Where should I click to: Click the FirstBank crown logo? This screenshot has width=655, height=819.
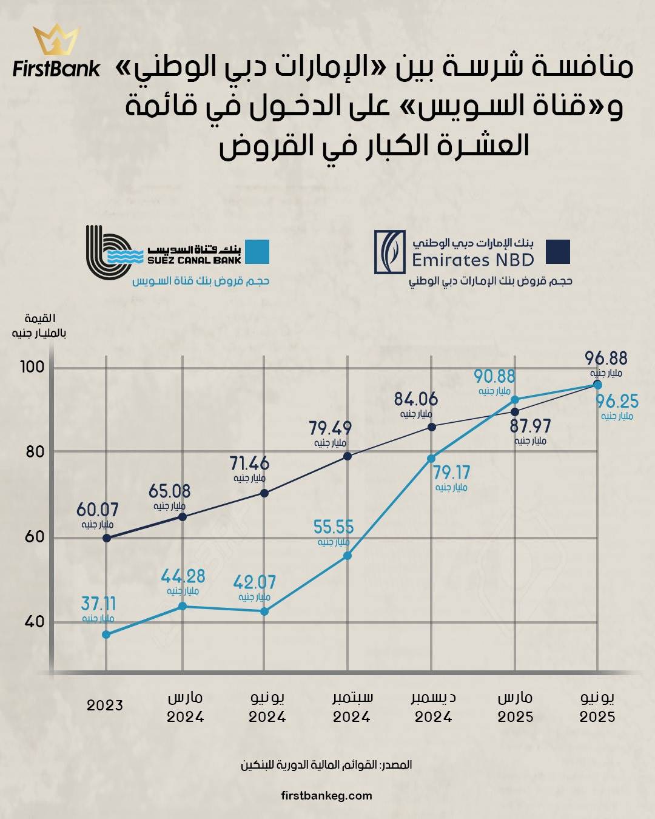click(x=56, y=39)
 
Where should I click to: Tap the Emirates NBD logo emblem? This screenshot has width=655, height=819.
click(x=389, y=251)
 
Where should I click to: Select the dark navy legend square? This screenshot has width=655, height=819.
click(x=557, y=252)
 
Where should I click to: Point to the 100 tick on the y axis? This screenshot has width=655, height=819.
click(x=32, y=367)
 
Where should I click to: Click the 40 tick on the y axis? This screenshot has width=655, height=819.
click(x=35, y=622)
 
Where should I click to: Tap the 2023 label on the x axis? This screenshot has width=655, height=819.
click(x=105, y=705)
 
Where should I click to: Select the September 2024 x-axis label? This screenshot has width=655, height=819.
click(x=352, y=707)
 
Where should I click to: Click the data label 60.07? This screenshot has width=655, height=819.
click(x=98, y=510)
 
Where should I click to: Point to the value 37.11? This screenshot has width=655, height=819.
click(x=98, y=604)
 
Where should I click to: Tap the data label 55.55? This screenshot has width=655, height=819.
click(x=334, y=527)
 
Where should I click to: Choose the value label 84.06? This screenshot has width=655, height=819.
click(x=416, y=399)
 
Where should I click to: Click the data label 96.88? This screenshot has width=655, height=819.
click(x=606, y=358)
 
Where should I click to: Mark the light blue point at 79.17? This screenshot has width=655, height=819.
click(x=431, y=459)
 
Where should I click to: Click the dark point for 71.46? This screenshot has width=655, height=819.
click(x=264, y=493)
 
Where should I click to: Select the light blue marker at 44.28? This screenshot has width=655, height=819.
click(x=183, y=606)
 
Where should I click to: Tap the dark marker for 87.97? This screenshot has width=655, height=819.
click(x=515, y=412)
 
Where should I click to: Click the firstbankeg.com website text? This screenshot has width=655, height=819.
click(x=327, y=795)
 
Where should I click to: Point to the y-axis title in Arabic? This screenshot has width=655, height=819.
click(x=39, y=326)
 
